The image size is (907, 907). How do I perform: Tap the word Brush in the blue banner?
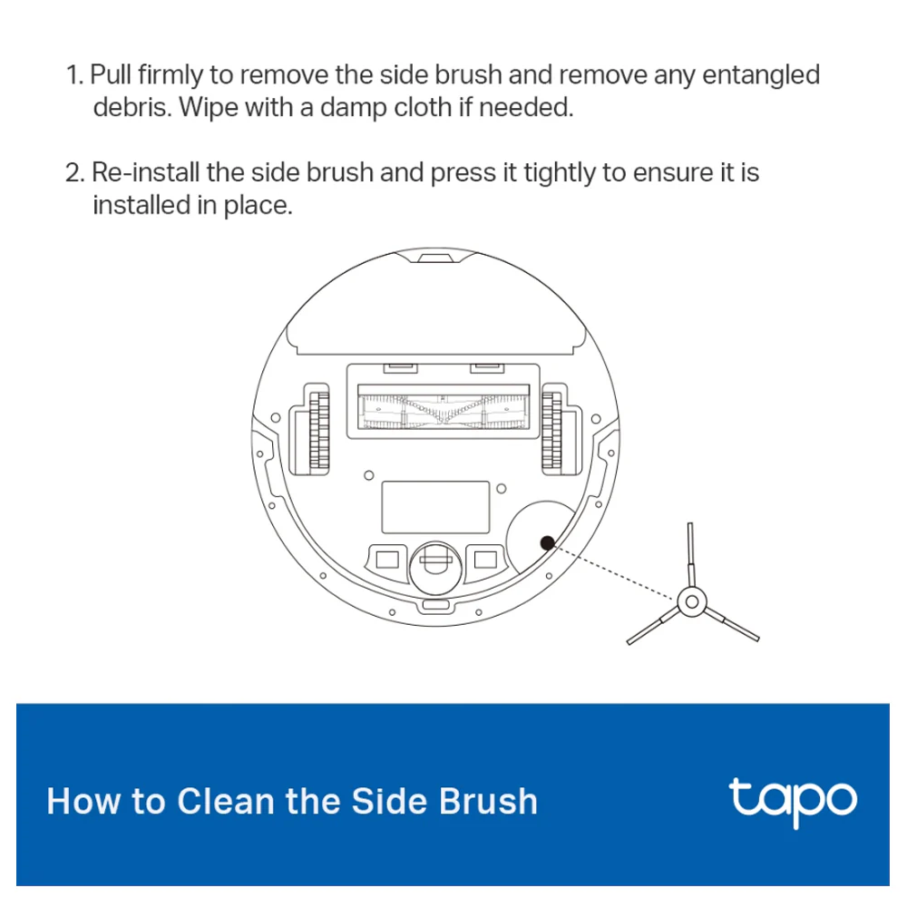[488, 801]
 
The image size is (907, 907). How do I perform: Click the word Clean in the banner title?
[226, 801]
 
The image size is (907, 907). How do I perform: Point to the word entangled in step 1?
[761, 76]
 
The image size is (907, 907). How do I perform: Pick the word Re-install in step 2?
[146, 173]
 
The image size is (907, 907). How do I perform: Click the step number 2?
[74, 173]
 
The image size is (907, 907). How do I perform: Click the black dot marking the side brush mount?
[547, 542]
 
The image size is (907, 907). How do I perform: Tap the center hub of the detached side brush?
[691, 602]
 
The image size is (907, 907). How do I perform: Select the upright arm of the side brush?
[690, 555]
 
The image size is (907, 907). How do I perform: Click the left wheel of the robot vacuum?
[318, 430]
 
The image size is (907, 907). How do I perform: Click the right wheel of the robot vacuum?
[551, 430]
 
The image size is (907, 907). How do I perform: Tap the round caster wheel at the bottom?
[435, 567]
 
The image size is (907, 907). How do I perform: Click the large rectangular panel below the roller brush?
[435, 507]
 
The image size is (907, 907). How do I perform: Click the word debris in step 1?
[132, 108]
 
